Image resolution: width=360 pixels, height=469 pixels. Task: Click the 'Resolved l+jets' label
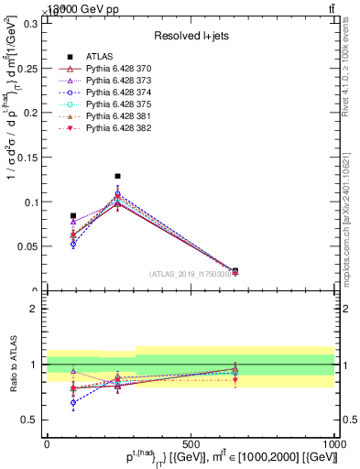tap(190, 36)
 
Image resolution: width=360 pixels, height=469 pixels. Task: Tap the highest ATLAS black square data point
tap(117, 176)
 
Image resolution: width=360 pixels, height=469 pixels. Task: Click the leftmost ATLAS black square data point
tap(73, 216)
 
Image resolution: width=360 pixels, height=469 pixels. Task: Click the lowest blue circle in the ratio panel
tap(73, 402)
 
